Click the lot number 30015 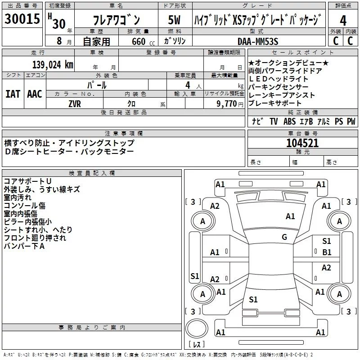click(22, 18)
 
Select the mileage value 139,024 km click(53, 65)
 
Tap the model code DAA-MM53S click(258, 41)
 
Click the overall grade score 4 click(343, 21)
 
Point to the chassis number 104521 click(302, 143)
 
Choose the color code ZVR click(75, 104)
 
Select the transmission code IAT click(13, 94)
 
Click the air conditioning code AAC click(35, 94)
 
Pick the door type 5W click(174, 20)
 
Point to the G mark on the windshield click(284, 237)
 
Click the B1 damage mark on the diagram click(327, 252)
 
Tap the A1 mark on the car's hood click(290, 216)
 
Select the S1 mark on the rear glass click(253, 299)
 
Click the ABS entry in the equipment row click(289, 121)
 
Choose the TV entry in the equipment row click(274, 121)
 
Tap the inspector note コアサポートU click(27, 181)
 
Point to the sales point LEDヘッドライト click(278, 79)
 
